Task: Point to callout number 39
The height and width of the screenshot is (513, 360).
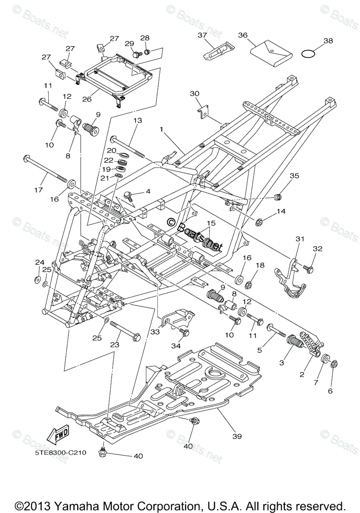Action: [237, 436]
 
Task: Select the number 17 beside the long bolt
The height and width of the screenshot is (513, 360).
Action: [38, 189]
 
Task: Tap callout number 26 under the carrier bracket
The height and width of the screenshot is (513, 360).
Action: [87, 99]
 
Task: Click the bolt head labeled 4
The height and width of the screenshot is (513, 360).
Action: [127, 195]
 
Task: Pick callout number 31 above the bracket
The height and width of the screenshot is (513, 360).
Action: [300, 239]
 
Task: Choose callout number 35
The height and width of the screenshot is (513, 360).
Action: [294, 176]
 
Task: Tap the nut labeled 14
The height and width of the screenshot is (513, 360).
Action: [259, 222]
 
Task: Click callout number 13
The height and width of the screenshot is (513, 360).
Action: [137, 121]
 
